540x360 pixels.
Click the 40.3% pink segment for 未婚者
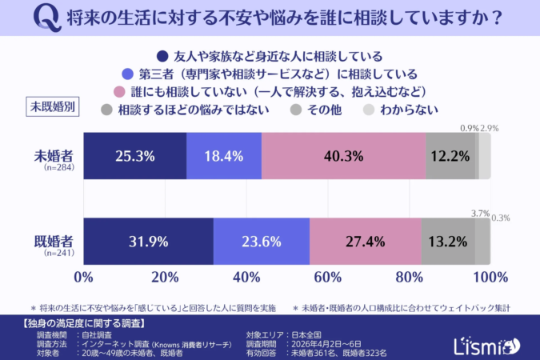(343, 155)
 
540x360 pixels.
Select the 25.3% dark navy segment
(134, 155)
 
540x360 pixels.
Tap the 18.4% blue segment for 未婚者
(224, 155)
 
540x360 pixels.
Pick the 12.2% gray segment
(450, 155)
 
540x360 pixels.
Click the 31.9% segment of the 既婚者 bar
(148, 241)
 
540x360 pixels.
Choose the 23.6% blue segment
(262, 241)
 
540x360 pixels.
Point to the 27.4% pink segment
(366, 241)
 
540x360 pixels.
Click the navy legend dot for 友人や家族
(162, 56)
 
